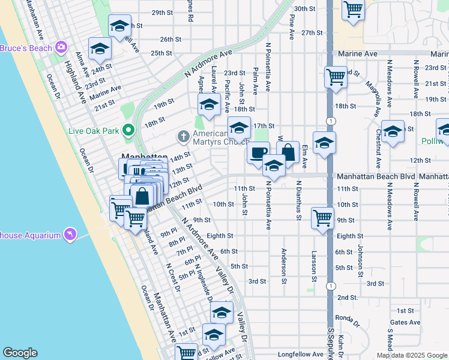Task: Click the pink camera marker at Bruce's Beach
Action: pos(61,47)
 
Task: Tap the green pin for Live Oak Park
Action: pos(128,130)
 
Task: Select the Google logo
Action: pos(20,353)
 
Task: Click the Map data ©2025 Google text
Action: pos(411,355)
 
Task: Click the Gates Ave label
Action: pos(405,322)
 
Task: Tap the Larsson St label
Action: pos(313,267)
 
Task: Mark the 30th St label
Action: pos(305,8)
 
